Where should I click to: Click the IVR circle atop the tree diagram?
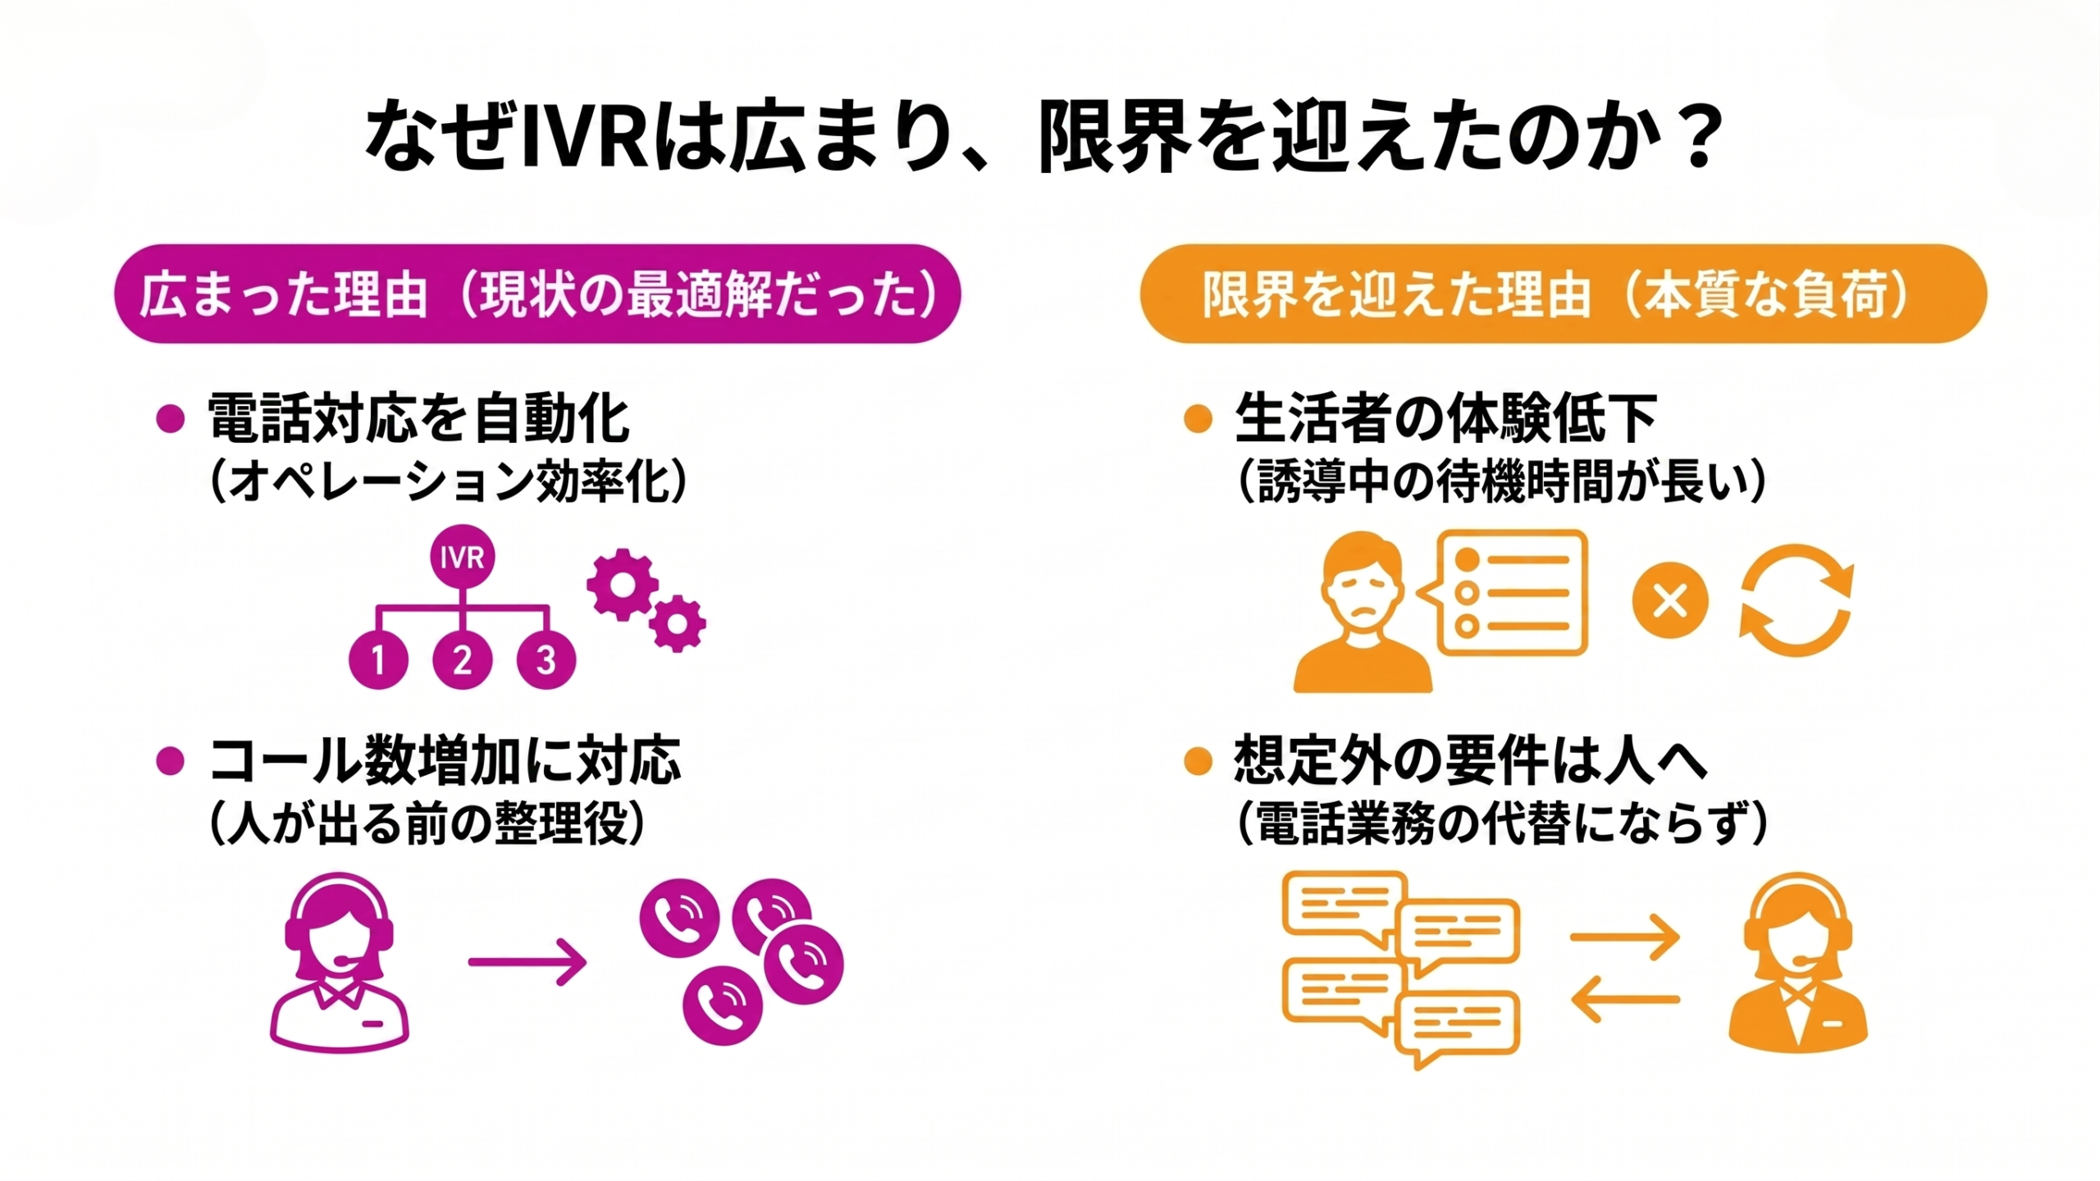pos(463,558)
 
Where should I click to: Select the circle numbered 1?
pos(378,659)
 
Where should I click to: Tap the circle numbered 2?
pos(463,659)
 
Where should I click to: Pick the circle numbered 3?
pos(546,659)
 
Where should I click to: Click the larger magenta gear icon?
pos(622,585)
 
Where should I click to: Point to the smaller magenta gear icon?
pos(678,624)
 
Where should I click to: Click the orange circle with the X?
pos(1670,601)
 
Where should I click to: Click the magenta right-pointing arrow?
pos(527,961)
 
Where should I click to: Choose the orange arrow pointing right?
pos(1625,937)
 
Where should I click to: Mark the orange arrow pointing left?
pos(1625,1000)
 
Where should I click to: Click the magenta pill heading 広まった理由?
pos(537,294)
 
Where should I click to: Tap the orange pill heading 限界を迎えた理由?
pos(1564,294)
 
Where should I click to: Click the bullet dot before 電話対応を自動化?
pos(170,419)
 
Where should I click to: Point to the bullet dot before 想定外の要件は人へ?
pos(1198,761)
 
